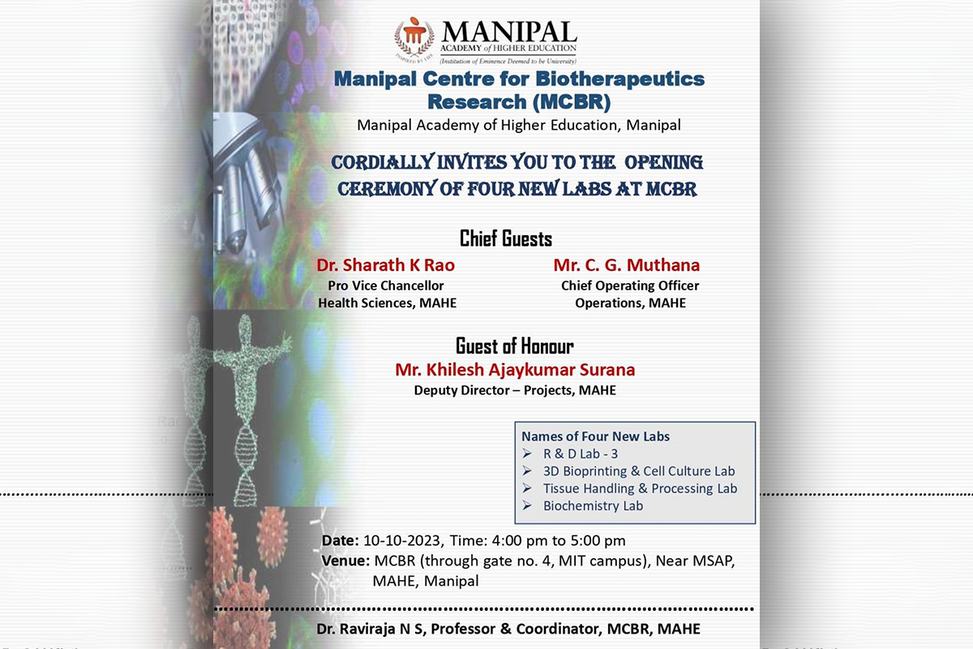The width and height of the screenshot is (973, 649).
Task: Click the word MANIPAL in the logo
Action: coord(509,33)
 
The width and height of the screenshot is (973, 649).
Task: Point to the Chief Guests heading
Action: coord(506,239)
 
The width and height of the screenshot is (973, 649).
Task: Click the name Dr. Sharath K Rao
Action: coord(387,265)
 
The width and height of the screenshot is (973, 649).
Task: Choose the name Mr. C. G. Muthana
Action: coord(627,265)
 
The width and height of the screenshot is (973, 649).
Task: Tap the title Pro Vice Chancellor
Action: coord(386,286)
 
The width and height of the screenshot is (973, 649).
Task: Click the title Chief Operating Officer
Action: coord(630,286)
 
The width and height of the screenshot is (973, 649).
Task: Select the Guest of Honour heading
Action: coord(515,346)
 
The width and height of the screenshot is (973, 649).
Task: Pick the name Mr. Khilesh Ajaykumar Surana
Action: coord(515,370)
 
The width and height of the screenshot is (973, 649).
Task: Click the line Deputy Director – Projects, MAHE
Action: coord(515,390)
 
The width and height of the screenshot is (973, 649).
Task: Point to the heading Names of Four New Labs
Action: coord(596,436)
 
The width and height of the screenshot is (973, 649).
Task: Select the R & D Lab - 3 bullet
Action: coord(581,453)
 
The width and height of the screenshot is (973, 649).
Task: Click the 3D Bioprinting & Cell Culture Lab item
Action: coord(639,471)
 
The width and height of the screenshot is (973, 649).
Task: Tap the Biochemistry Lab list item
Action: coord(593,505)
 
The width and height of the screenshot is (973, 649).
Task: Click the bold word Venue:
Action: coord(346,561)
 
